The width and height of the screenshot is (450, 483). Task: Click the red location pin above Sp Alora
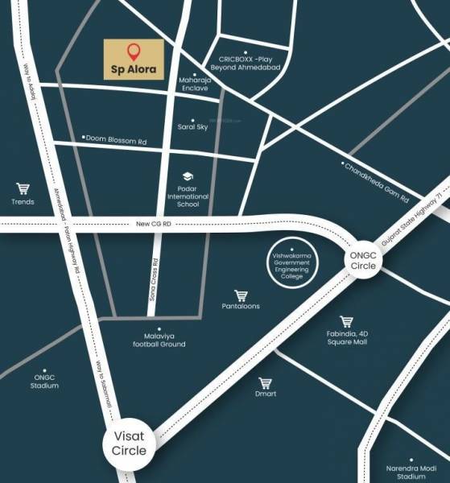coord(135,52)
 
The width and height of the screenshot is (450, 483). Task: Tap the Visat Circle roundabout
coord(130,444)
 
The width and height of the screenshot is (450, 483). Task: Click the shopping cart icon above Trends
coord(23,189)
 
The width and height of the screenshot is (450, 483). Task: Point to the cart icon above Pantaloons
coord(240,295)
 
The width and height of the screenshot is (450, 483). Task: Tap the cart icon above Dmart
coord(266,383)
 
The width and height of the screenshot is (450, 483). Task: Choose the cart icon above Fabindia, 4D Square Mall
coord(346,322)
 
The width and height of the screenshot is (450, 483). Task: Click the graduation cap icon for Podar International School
coord(188,176)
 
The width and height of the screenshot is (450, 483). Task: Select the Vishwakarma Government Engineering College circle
coord(293,263)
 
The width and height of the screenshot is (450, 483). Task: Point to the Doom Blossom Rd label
coord(118,139)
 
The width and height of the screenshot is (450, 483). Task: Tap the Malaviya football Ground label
coord(159,340)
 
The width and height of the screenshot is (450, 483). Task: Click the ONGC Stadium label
coord(45,382)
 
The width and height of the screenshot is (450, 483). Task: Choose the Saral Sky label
coord(192,126)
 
